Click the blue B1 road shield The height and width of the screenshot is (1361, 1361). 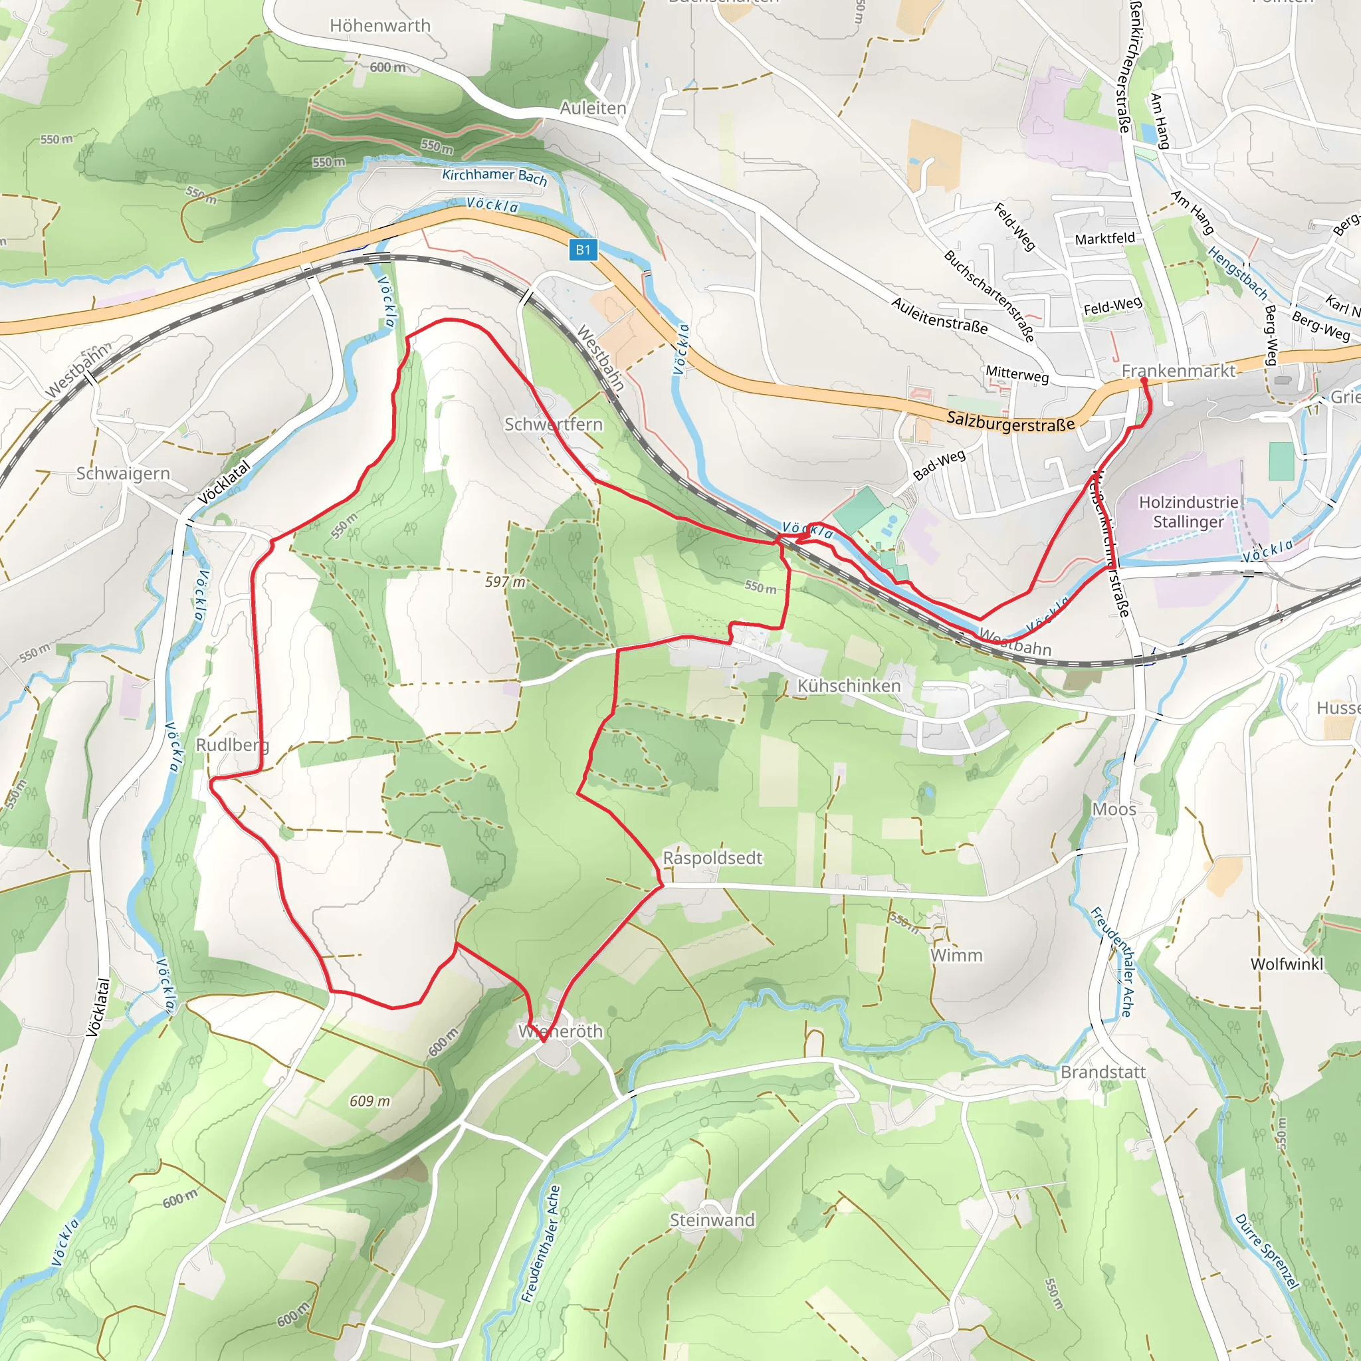tap(583, 249)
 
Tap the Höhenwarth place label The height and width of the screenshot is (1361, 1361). tap(379, 26)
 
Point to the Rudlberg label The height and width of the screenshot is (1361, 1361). tap(232, 744)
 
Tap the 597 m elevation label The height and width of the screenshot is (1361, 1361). tap(505, 582)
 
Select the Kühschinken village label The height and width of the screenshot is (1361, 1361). tap(848, 685)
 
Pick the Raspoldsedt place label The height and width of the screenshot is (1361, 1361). tap(712, 858)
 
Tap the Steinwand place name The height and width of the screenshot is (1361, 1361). tap(712, 1220)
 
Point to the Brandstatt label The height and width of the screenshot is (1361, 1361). tap(1102, 1072)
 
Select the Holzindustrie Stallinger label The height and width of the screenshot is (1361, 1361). tap(1188, 512)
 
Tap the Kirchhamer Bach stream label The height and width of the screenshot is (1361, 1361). tap(494, 176)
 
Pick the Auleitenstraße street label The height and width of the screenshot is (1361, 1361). tap(938, 315)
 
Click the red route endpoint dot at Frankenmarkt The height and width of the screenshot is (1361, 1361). tap(1143, 381)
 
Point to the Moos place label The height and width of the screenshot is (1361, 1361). tap(1114, 809)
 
